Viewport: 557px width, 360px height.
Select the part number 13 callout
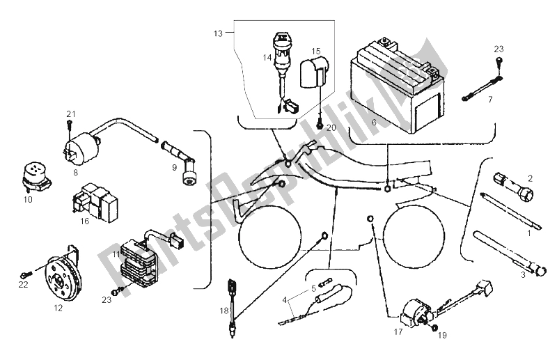point(218,33)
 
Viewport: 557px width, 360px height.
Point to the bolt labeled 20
point(320,125)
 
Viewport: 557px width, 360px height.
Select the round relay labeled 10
point(36,177)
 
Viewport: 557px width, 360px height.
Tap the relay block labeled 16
point(95,201)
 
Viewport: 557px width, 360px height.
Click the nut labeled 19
point(434,328)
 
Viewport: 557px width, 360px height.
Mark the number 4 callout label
point(284,300)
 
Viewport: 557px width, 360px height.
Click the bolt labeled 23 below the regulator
point(117,291)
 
